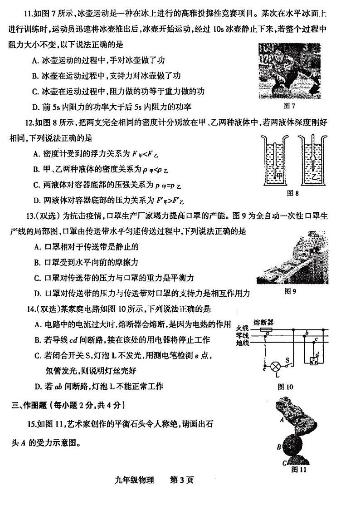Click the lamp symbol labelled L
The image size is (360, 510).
coord(273,366)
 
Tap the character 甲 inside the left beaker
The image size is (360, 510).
coord(281,175)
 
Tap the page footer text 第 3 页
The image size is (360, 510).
coord(181,480)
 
